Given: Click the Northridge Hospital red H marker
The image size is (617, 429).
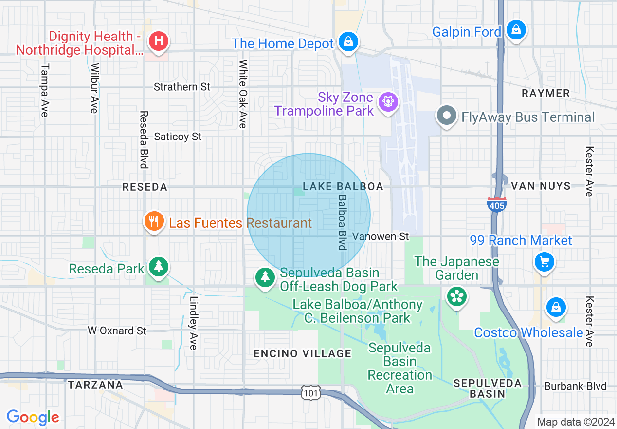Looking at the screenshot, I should click(x=158, y=41).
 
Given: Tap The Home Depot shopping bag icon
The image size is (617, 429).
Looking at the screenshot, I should click(x=348, y=41).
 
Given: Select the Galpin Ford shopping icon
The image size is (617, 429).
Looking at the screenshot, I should click(x=516, y=30).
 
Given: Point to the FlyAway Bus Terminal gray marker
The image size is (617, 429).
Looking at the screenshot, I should click(x=447, y=117).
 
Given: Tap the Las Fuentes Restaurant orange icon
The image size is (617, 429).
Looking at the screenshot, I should click(x=154, y=222).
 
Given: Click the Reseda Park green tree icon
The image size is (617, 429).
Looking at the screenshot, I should click(x=158, y=267).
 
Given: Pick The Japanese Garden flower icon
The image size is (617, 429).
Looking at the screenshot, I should click(x=457, y=297).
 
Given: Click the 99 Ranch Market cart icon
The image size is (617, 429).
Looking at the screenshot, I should click(x=544, y=262).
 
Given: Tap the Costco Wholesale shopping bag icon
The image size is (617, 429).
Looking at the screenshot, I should click(x=555, y=307).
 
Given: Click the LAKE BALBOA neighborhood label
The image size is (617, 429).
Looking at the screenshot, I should click(x=343, y=187).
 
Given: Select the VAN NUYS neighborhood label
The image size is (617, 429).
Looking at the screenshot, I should click(x=541, y=186).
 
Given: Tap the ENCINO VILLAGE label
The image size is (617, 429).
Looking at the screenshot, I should click(x=302, y=354).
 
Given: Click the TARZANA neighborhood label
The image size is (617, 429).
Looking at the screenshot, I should click(x=95, y=385).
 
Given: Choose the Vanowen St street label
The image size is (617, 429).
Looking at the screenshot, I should click(x=381, y=236).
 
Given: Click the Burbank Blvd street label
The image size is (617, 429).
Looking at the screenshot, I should click(x=576, y=386).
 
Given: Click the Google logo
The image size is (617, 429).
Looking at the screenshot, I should click(x=33, y=417).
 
